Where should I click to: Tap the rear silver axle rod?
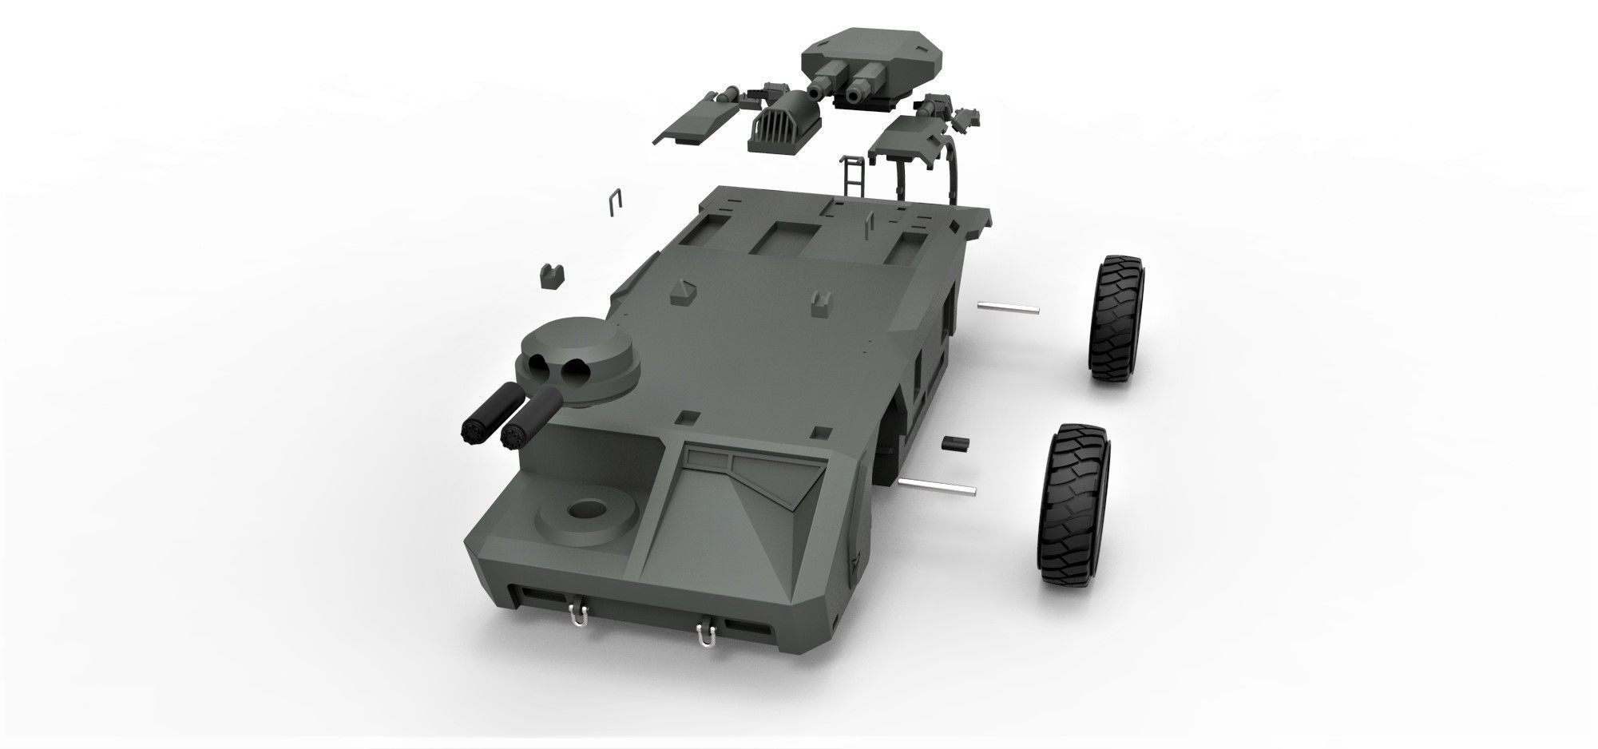point(1008,307)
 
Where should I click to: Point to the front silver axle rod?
point(937,485)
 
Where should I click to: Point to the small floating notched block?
point(552,276)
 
